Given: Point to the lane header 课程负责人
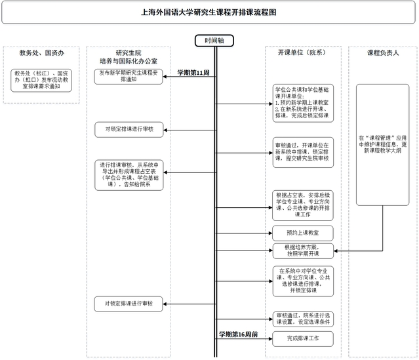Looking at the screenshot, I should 384,52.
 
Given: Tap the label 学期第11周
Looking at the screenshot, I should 193,72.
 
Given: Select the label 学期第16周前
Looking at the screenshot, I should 238,334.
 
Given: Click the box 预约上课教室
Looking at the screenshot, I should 303,232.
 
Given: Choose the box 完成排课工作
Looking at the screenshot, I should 303,338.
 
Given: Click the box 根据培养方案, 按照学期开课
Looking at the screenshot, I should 303,250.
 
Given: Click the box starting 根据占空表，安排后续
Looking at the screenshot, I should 303,205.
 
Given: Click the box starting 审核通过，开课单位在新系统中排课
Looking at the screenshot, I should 303,150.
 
